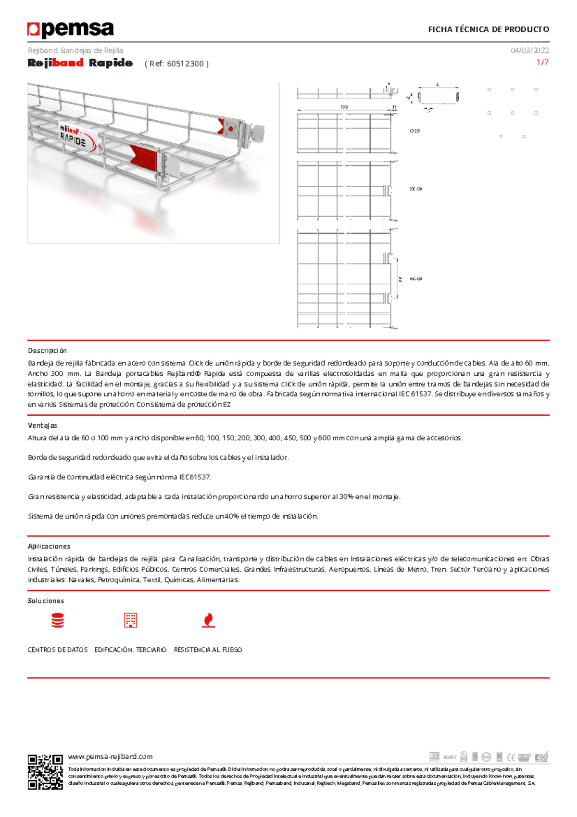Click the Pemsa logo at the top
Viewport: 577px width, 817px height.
tap(71, 29)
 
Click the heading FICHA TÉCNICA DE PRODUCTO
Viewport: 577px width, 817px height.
tap(489, 29)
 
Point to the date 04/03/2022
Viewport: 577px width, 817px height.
tap(530, 51)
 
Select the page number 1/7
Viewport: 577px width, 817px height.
tap(542, 63)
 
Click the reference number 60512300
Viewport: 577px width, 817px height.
tap(186, 64)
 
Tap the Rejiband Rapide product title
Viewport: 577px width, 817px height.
tap(80, 63)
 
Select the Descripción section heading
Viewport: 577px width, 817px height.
tap(47, 351)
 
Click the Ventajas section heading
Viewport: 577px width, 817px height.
tap(42, 425)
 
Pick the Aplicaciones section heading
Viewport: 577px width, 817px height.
tap(49, 546)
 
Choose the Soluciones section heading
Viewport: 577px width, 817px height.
tap(46, 601)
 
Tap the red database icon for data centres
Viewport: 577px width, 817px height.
tap(58, 621)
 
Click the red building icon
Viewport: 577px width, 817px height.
tap(130, 620)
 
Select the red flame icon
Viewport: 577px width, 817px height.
tap(208, 620)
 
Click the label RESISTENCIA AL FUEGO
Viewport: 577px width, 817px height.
tap(208, 650)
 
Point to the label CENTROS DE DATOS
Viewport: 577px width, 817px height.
tap(58, 650)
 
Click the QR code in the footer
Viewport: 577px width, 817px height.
tap(45, 772)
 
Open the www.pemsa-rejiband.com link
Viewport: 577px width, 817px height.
tap(110, 756)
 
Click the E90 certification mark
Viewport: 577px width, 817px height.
tap(541, 757)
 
